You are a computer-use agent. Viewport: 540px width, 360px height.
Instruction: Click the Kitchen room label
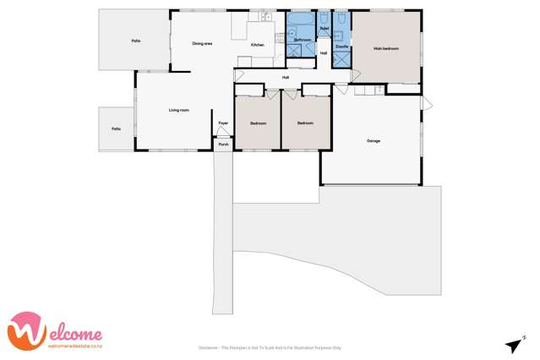(x=257, y=45)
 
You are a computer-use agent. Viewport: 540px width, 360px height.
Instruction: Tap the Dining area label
(x=201, y=43)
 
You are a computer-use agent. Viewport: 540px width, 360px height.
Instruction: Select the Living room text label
(x=178, y=110)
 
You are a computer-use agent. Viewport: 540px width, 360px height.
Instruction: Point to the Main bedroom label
(x=385, y=48)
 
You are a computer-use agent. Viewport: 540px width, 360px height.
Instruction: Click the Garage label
(x=373, y=140)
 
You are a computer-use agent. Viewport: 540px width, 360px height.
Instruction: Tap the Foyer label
(x=223, y=123)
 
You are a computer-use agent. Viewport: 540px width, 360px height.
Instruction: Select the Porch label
(x=223, y=145)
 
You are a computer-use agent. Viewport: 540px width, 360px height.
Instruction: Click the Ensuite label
(x=341, y=46)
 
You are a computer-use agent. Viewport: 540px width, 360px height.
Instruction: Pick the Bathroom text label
(x=302, y=40)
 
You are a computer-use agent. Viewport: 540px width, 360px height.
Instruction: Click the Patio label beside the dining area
(x=135, y=41)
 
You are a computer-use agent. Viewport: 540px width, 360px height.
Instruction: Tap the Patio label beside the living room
(x=116, y=128)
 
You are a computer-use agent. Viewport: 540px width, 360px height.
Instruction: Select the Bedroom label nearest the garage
(x=305, y=123)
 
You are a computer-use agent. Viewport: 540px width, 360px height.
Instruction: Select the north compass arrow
(x=512, y=344)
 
